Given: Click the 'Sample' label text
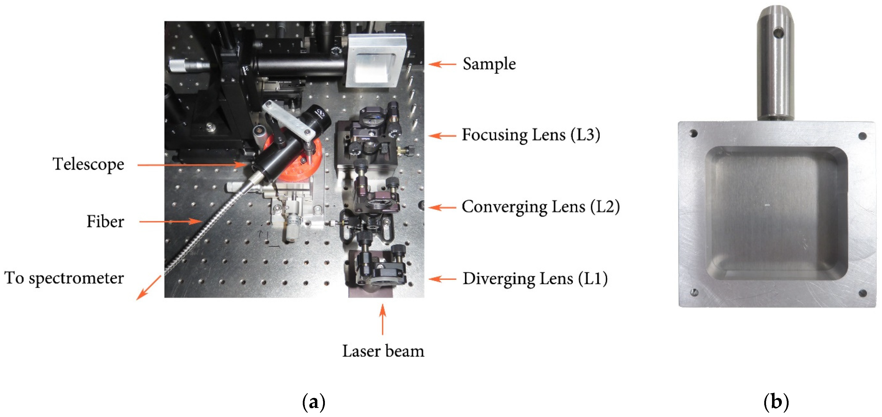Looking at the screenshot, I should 489,64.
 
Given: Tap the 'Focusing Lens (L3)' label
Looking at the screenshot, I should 531,135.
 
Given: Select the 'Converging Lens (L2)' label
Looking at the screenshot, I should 540,207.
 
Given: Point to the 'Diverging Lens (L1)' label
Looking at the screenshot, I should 535,279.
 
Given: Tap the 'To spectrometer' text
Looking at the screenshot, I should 64,278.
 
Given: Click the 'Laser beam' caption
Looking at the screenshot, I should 383,351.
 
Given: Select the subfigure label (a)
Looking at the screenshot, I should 314,402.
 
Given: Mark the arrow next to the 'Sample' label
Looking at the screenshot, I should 442,64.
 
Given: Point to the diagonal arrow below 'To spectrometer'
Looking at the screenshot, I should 149,288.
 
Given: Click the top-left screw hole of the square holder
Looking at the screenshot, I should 693,133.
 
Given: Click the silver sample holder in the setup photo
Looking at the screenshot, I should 375,62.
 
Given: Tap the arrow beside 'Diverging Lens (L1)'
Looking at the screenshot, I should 442,279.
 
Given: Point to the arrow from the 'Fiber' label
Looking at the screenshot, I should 171,222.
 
